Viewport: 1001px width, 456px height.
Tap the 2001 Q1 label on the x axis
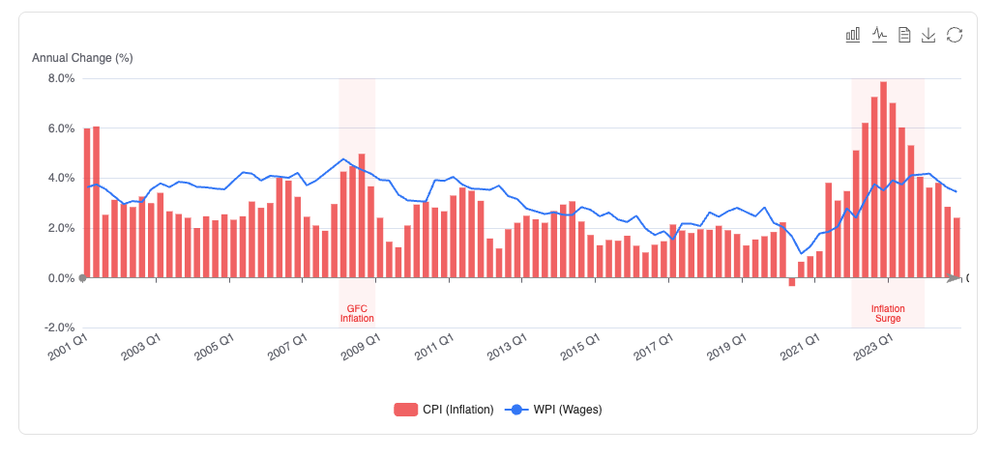[x=67, y=349]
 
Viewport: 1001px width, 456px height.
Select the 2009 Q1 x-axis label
[x=360, y=349]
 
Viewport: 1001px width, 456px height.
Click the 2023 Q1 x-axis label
[x=872, y=349]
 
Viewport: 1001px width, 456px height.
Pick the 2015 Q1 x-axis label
[x=579, y=349]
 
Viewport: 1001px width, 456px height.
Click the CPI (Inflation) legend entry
[x=444, y=410]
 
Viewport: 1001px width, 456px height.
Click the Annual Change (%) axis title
[x=82, y=58]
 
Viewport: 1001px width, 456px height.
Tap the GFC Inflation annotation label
[x=357, y=313]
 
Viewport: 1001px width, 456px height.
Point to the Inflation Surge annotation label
[x=888, y=313]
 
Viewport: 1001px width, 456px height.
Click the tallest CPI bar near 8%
[x=884, y=180]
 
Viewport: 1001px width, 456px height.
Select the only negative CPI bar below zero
[x=792, y=282]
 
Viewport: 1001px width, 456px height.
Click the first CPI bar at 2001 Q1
[x=87, y=203]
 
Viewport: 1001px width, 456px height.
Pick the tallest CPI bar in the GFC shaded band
[x=362, y=215]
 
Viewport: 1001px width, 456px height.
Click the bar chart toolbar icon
[x=853, y=35]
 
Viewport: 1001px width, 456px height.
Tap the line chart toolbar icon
[x=879, y=35]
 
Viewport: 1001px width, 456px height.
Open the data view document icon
[x=904, y=35]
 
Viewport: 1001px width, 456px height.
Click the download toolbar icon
[x=928, y=35]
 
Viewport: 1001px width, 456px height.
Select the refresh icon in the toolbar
[x=955, y=35]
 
